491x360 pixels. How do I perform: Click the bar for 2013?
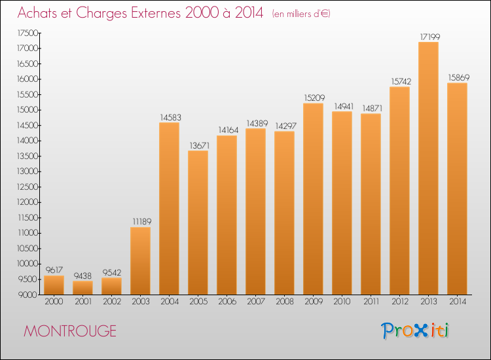(428, 168)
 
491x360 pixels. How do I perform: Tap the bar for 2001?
(82, 287)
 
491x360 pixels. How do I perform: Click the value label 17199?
(428, 37)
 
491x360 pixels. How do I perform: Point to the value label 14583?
(169, 117)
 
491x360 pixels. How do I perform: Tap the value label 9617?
(54, 270)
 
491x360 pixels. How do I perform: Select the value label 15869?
(457, 77)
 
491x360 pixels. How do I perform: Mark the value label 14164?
(227, 130)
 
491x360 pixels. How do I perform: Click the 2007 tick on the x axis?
(255, 302)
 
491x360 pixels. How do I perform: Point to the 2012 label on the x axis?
(399, 302)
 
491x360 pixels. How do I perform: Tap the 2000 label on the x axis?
(54, 302)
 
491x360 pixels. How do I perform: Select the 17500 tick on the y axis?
(27, 33)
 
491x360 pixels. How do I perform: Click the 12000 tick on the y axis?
(27, 202)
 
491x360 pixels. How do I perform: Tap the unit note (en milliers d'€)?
(301, 14)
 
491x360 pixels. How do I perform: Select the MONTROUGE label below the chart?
(69, 331)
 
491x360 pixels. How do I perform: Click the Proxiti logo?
(415, 331)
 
